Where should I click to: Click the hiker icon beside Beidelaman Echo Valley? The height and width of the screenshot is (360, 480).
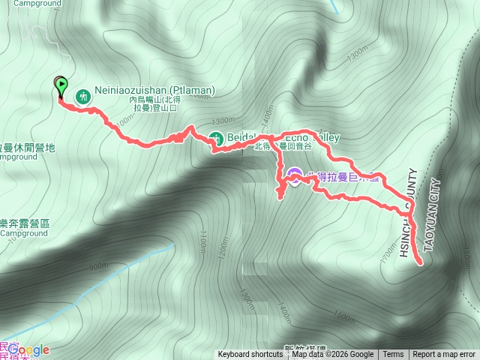[215, 138]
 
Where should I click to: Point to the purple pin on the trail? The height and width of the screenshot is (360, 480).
[294, 177]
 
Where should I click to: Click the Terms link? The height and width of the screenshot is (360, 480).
[393, 355]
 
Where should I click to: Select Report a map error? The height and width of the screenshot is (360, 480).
[444, 355]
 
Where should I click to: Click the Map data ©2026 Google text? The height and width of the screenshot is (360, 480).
[332, 355]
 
